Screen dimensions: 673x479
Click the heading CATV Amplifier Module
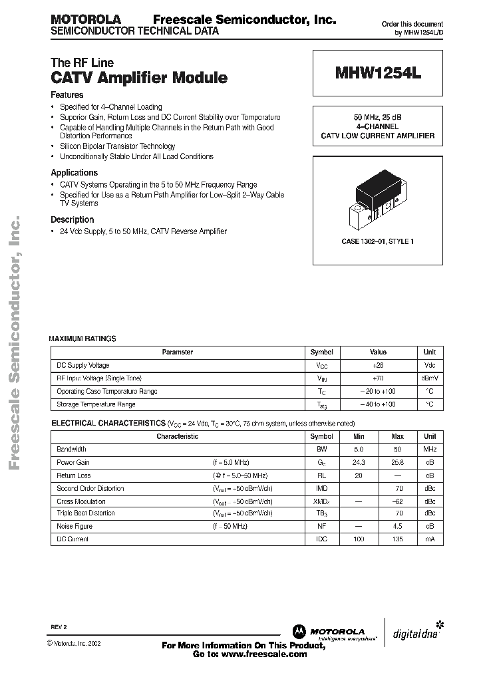coord(139,78)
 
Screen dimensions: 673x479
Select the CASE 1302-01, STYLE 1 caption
coord(377,241)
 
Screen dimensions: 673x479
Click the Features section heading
coord(67,95)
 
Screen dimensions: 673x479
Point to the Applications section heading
coord(74,172)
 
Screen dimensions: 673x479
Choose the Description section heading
coord(73,219)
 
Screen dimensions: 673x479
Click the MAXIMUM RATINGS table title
coord(82,338)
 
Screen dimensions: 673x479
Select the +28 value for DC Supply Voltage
coord(378,365)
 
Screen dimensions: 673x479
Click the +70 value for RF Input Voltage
coord(378,378)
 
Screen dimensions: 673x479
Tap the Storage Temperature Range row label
coord(96,404)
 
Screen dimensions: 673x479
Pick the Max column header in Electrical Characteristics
coord(398,436)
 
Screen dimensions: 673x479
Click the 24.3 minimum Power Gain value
coord(360,462)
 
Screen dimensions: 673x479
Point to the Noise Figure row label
coord(75,526)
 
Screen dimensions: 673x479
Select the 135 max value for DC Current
coord(398,539)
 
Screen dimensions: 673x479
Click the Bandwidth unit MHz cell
coord(430,450)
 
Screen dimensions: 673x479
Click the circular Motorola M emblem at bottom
coord(299,631)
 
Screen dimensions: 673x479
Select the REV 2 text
coord(59,627)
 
